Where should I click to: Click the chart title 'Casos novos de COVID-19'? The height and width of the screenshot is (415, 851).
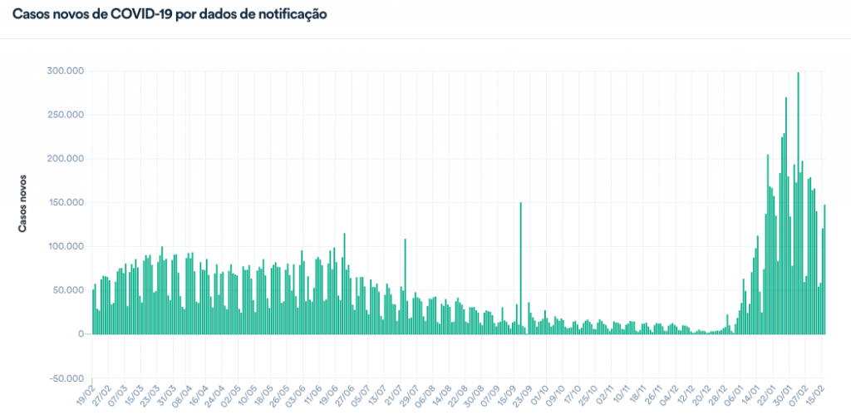pos(170,15)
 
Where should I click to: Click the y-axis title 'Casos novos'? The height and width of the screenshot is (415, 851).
pos(23,202)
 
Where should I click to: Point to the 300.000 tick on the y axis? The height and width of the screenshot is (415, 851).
pos(65,72)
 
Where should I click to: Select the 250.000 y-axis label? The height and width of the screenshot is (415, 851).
pos(65,115)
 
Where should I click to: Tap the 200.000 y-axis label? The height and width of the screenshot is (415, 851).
pos(65,159)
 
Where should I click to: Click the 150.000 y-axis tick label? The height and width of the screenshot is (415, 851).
pos(65,203)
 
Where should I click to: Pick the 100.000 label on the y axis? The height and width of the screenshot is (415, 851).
pos(65,247)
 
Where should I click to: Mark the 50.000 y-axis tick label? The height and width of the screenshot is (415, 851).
pos(67,290)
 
